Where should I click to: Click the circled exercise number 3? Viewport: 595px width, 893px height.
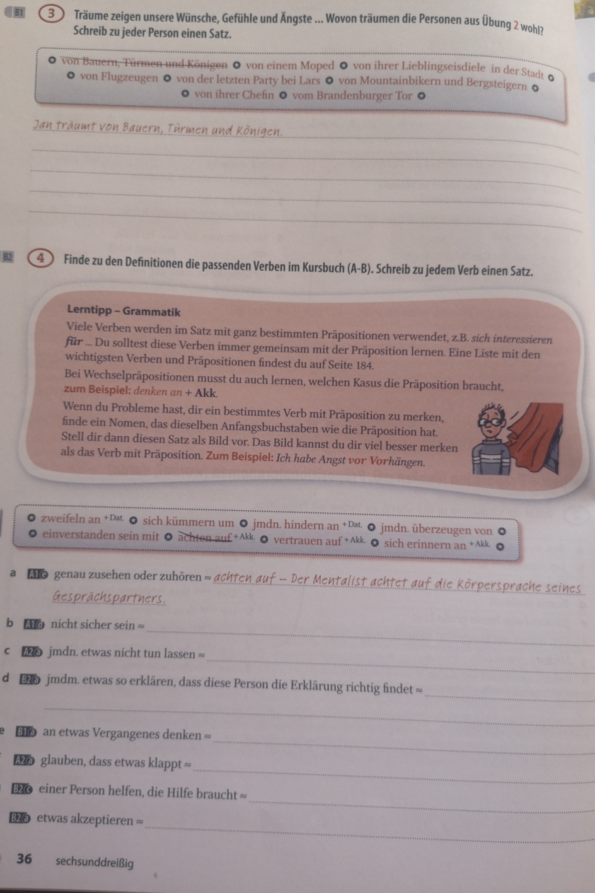point(51,15)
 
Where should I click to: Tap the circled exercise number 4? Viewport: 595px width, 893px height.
point(40,259)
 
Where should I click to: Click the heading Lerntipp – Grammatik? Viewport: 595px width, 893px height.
point(124,312)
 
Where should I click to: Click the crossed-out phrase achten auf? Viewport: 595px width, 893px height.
point(204,537)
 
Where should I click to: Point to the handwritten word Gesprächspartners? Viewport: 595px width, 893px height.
point(109,597)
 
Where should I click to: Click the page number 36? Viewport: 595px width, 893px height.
point(25,859)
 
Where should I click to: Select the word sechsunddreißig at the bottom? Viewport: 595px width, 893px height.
point(95,863)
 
